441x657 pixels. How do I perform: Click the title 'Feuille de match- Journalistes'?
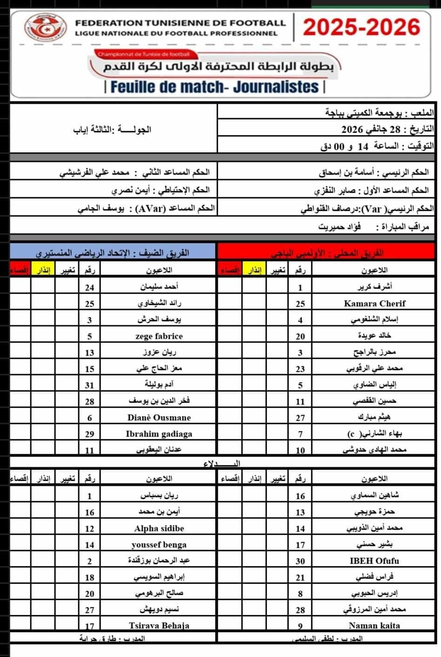pyautogui.click(x=214, y=87)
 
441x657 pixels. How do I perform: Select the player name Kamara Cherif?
pyautogui.click(x=374, y=303)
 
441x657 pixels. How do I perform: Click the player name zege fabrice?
pyautogui.click(x=159, y=336)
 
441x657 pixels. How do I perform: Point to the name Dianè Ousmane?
pyautogui.click(x=159, y=417)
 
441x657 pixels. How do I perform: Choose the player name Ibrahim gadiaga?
pyautogui.click(x=159, y=434)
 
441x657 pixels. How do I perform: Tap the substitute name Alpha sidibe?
pyautogui.click(x=159, y=529)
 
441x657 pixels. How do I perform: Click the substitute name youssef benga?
pyautogui.click(x=159, y=545)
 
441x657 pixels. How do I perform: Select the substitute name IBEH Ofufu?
pyautogui.click(x=374, y=561)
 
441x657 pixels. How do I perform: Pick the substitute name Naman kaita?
pyautogui.click(x=374, y=626)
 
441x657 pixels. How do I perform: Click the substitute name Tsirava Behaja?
pyautogui.click(x=159, y=626)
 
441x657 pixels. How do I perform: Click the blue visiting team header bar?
pyautogui.click(x=113, y=253)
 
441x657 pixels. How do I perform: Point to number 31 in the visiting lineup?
pyautogui.click(x=90, y=385)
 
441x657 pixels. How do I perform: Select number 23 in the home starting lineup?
pyautogui.click(x=301, y=369)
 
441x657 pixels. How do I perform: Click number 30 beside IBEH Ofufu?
pyautogui.click(x=301, y=561)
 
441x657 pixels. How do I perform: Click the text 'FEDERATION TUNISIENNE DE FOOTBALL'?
pyautogui.click(x=180, y=22)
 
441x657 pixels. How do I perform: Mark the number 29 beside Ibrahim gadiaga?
pyautogui.click(x=90, y=434)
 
